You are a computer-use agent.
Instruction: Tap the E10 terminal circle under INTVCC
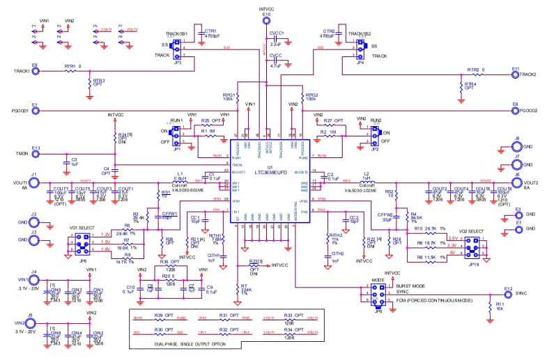pyautogui.click(x=266, y=21)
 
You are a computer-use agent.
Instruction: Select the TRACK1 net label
pyautogui.click(x=22, y=71)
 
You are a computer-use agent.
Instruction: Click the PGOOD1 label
pyautogui.click(x=22, y=111)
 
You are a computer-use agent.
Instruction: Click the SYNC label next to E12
pyautogui.click(x=521, y=295)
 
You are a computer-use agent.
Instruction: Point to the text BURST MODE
pyautogui.click(x=410, y=285)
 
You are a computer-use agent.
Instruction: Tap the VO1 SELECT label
pyautogui.click(x=82, y=228)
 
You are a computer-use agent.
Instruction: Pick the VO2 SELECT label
pyautogui.click(x=472, y=230)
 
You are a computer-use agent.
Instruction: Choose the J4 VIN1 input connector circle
pyautogui.click(x=33, y=279)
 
